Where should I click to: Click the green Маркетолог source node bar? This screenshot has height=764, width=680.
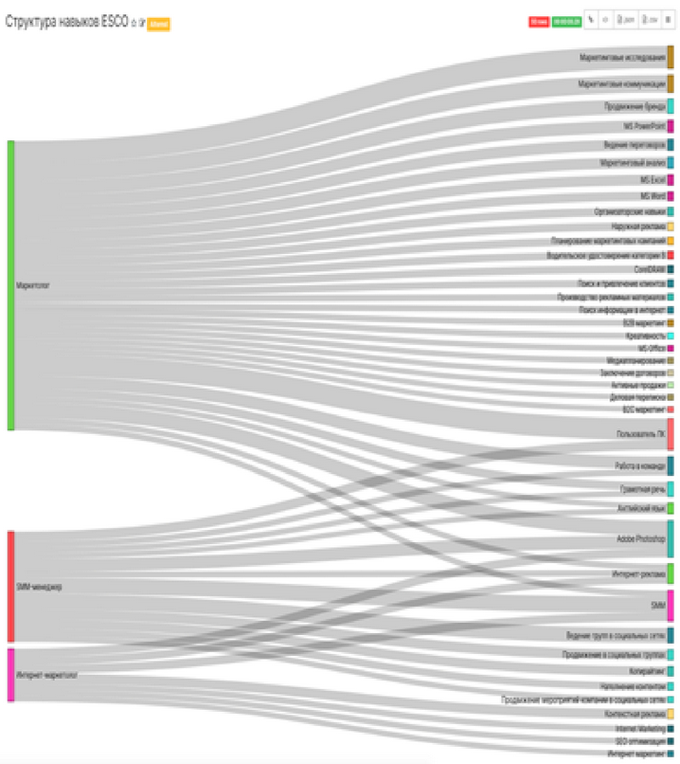(x=11, y=284)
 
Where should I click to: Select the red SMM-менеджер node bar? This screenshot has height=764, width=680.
(x=11, y=586)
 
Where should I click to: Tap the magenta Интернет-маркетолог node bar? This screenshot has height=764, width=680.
(x=11, y=675)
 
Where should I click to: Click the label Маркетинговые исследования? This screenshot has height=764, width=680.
(x=622, y=58)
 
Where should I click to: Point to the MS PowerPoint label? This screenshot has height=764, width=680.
(x=644, y=126)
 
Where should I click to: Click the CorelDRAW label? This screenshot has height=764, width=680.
(x=650, y=269)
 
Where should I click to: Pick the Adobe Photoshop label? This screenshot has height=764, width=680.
(x=640, y=538)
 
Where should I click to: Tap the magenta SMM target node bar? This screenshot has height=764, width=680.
(x=671, y=605)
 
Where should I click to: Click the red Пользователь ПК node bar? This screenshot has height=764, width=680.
(x=671, y=433)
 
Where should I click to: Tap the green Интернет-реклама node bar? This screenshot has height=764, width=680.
(x=671, y=573)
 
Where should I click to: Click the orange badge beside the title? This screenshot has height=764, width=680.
(x=158, y=24)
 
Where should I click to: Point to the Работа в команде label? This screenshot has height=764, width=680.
(x=639, y=466)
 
